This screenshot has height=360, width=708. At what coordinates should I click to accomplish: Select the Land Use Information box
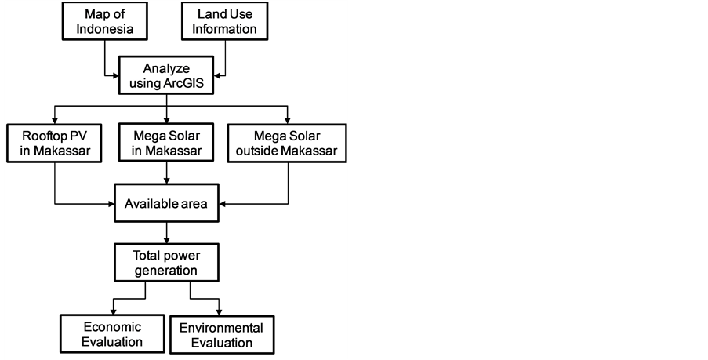click(x=226, y=22)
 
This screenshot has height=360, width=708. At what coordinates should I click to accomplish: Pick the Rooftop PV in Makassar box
click(x=54, y=143)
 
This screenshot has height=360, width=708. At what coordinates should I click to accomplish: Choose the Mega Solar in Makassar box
click(x=165, y=143)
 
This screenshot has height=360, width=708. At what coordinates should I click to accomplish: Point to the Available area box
click(x=166, y=205)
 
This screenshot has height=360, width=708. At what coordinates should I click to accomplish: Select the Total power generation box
click(x=166, y=263)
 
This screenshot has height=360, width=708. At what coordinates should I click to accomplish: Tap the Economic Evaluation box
click(x=112, y=334)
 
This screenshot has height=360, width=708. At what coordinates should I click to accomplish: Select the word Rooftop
click(x=43, y=135)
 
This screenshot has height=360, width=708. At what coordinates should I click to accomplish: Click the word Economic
click(x=112, y=326)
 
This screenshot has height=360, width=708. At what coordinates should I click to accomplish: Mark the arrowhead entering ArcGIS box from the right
click(x=220, y=76)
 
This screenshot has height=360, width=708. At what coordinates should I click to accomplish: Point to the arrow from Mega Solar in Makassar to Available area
click(x=166, y=173)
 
